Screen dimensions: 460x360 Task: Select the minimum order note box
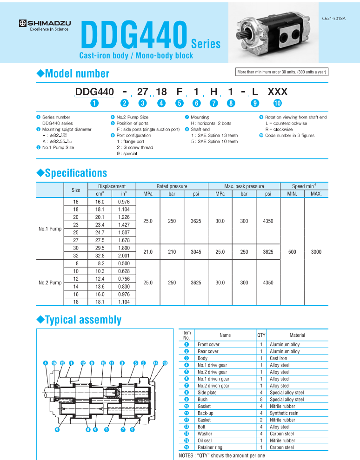(x=282, y=72)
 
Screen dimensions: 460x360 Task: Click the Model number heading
(x=73, y=73)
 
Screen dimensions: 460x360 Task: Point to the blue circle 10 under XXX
(x=277, y=103)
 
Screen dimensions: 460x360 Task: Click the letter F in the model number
(x=180, y=92)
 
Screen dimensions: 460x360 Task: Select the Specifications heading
(x=72, y=173)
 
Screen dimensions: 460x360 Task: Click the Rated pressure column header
(x=172, y=186)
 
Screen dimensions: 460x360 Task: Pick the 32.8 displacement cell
(x=100, y=255)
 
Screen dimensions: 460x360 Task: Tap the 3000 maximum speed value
(x=316, y=252)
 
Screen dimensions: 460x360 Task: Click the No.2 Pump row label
(x=50, y=282)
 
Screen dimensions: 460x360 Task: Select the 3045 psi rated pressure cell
(x=196, y=252)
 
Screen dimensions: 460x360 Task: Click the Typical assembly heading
(x=79, y=320)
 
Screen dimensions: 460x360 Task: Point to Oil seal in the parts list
(x=206, y=440)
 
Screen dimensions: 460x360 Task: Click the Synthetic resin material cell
(x=284, y=413)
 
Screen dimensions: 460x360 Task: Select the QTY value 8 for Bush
(x=261, y=399)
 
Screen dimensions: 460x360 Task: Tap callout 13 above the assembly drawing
(x=165, y=362)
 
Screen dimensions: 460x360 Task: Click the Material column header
(x=297, y=335)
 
